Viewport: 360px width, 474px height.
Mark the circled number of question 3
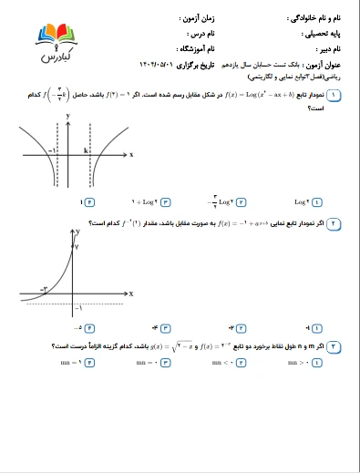(x=335, y=346)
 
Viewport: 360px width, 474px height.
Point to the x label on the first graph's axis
(x=131, y=155)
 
